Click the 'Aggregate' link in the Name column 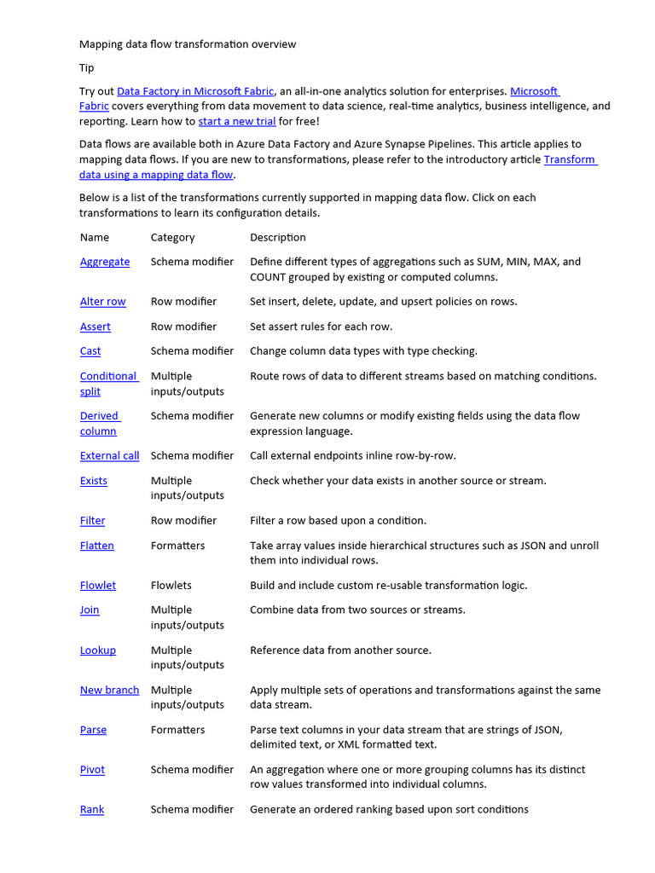tap(105, 262)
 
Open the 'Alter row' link tap(102, 301)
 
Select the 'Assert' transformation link tap(95, 327)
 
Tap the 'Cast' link tap(90, 350)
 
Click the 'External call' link tap(109, 455)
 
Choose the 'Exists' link tap(94, 481)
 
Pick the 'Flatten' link tap(96, 546)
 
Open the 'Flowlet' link tap(98, 586)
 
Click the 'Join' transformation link tap(90, 610)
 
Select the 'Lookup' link tap(98, 650)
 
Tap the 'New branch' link tap(109, 690)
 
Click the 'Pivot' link tap(92, 769)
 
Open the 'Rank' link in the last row tap(92, 809)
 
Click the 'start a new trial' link tap(237, 121)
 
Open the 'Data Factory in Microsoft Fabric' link tap(195, 90)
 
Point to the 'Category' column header tap(172, 237)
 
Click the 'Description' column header tap(277, 237)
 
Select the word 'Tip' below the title tap(87, 67)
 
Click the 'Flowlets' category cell tap(171, 586)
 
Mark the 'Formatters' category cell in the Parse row tap(177, 730)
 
